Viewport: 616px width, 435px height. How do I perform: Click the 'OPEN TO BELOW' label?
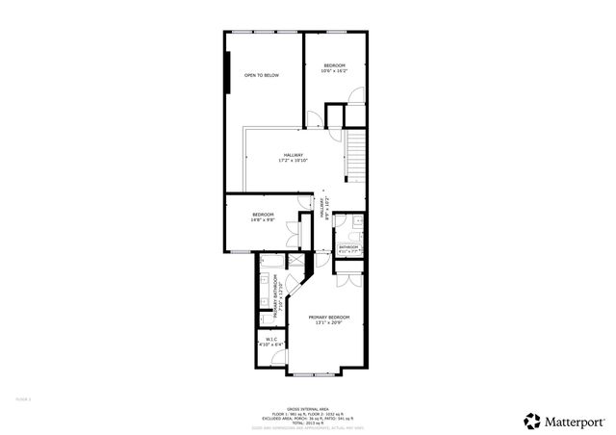[262, 74]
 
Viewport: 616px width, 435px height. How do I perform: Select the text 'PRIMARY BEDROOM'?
[329, 317]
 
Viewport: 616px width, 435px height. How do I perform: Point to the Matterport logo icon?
[530, 420]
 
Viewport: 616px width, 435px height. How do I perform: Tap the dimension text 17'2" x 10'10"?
[294, 161]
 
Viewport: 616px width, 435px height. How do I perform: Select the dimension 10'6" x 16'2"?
[335, 70]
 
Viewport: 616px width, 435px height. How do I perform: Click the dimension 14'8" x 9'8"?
[264, 219]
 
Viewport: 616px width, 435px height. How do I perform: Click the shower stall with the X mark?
[296, 261]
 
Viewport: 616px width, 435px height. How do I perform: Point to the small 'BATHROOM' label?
[348, 247]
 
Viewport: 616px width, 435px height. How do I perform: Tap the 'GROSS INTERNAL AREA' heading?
[307, 408]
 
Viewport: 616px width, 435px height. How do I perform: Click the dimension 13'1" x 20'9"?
[329, 323]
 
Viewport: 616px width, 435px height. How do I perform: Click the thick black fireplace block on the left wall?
[228, 72]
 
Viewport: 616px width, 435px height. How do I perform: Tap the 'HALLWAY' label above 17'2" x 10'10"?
[294, 155]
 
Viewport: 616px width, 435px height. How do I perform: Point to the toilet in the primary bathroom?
[265, 319]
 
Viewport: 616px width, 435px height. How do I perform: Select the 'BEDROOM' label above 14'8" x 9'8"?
[264, 214]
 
